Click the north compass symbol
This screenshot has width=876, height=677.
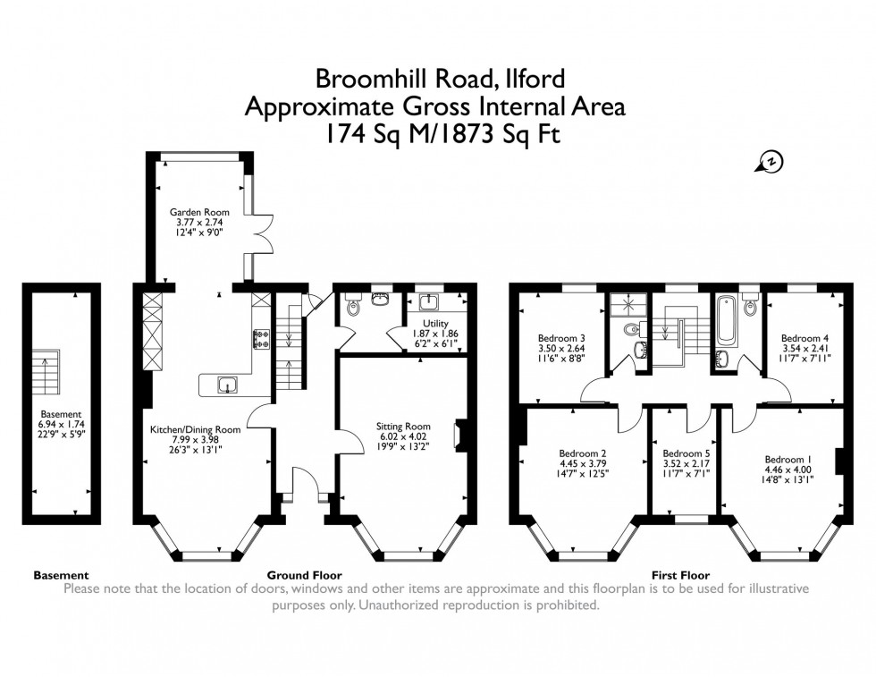[767, 162]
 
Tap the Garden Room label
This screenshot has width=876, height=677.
[194, 212]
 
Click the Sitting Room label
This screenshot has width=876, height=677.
[404, 427]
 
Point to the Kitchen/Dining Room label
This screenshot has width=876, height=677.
[195, 430]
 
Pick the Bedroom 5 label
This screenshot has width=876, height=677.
[686, 453]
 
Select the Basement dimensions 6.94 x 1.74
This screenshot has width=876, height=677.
[61, 425]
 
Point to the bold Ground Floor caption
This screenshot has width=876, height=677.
[304, 575]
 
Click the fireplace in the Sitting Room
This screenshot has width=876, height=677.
[459, 434]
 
